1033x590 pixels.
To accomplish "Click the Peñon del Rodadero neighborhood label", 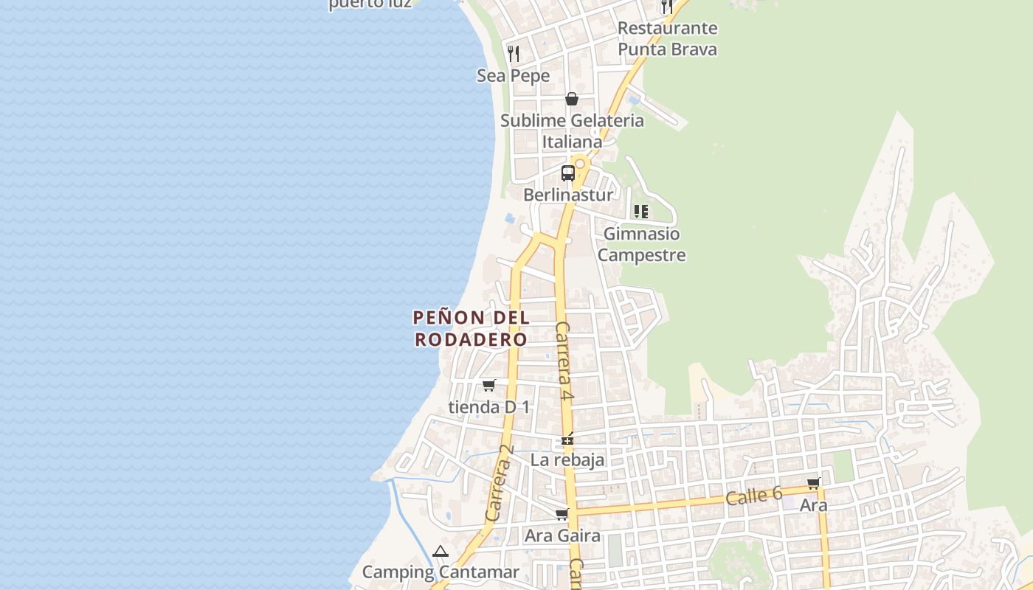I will click(x=471, y=328).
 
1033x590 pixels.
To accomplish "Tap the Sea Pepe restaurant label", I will click(x=513, y=75).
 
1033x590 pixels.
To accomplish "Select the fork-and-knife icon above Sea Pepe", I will click(x=514, y=53).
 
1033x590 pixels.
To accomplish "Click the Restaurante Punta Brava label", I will click(x=667, y=38).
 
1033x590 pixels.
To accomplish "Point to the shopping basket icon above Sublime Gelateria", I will click(x=571, y=99).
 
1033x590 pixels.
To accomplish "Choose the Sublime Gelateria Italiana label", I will click(x=572, y=131).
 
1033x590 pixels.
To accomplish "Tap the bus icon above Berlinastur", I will click(x=567, y=173).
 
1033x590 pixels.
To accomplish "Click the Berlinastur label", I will click(x=567, y=195).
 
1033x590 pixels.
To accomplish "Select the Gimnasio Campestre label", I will click(x=641, y=244).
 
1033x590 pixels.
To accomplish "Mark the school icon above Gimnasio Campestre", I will click(x=640, y=212).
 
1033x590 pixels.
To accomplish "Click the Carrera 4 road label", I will click(x=564, y=361).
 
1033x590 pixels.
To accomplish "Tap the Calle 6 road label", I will click(x=753, y=496).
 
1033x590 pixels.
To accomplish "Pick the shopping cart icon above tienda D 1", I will click(x=488, y=385).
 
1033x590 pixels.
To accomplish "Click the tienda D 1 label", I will click(x=488, y=406).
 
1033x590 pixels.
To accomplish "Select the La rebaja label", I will click(x=567, y=459).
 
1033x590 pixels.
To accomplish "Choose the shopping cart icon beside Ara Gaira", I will click(x=562, y=514).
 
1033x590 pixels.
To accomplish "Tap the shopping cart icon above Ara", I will click(x=813, y=483).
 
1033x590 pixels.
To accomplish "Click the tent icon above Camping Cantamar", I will click(x=441, y=551).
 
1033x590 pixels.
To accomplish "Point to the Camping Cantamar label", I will click(x=441, y=572).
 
